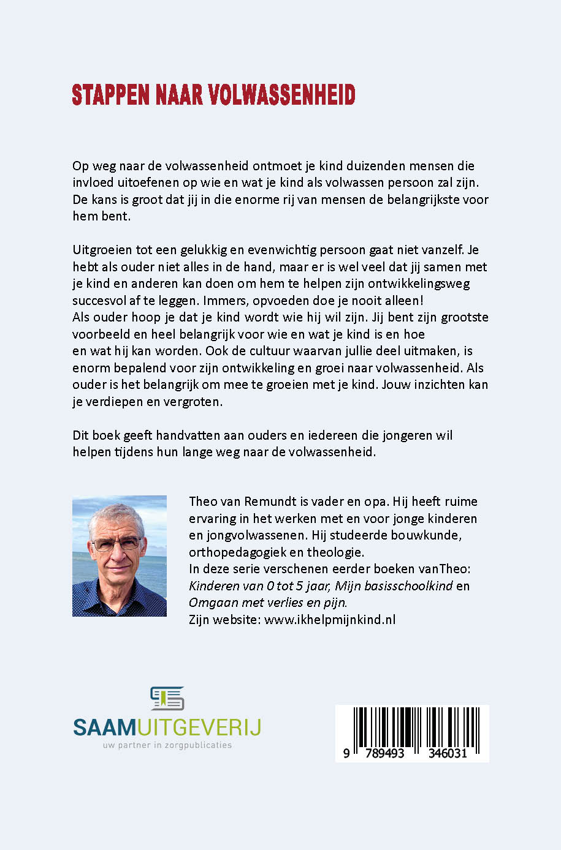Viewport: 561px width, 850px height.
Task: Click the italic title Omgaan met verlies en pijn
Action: (267, 603)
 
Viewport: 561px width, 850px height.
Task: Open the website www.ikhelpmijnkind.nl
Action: (330, 620)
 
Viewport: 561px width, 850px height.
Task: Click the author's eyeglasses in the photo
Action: (116, 544)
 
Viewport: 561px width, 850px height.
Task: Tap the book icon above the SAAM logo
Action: (167, 699)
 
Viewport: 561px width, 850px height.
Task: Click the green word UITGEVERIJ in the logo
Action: (200, 728)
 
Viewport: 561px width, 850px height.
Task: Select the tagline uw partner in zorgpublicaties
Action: (167, 745)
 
